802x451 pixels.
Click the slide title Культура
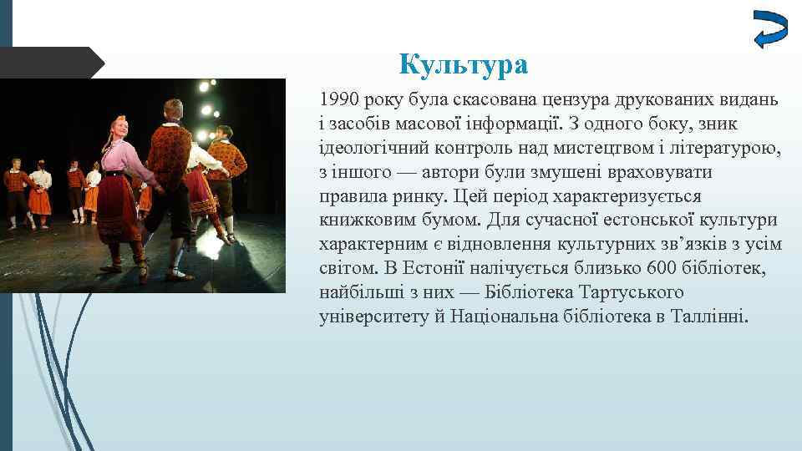click(x=463, y=63)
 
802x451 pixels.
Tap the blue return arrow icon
click(x=769, y=31)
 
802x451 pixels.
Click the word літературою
click(x=728, y=148)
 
